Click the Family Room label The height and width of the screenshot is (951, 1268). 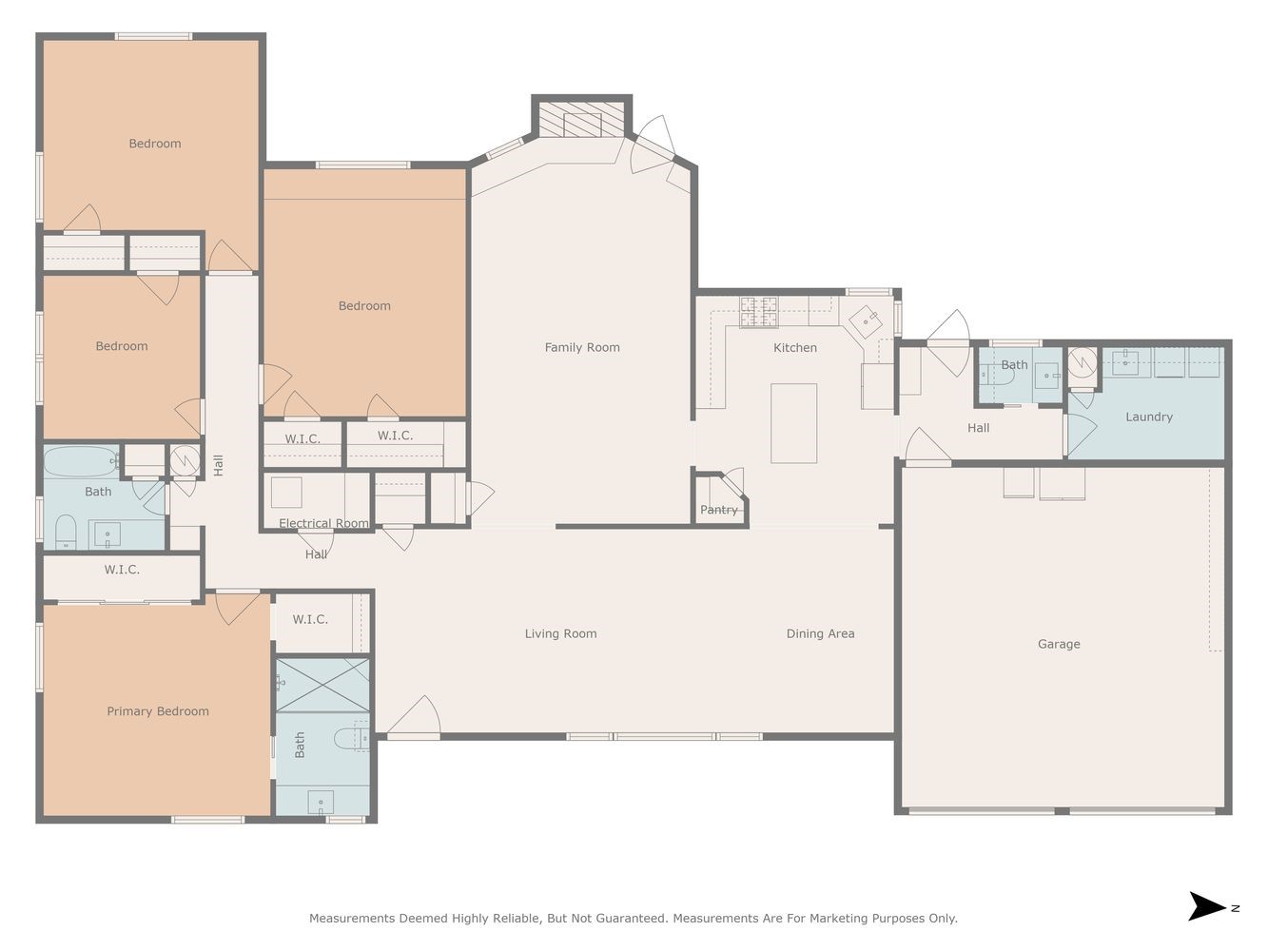click(582, 347)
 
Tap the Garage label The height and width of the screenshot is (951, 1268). click(1059, 644)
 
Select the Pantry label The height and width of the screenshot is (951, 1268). click(718, 510)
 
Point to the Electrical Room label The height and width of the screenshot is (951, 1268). click(323, 523)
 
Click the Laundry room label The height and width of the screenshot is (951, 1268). click(1148, 417)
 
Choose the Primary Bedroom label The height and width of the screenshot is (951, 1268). click(158, 711)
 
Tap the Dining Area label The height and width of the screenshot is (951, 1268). click(820, 633)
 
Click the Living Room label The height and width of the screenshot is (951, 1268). click(560, 633)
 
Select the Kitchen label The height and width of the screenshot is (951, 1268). click(795, 348)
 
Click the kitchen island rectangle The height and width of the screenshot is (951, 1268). click(793, 423)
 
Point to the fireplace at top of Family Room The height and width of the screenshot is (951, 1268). click(582, 120)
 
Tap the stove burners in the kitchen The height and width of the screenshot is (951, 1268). click(759, 312)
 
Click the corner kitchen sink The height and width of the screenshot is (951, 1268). click(866, 321)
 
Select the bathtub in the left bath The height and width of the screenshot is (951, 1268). click(82, 461)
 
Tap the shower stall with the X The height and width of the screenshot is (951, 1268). click(322, 686)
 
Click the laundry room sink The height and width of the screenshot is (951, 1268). click(1124, 362)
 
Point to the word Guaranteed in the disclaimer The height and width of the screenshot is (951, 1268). click(634, 918)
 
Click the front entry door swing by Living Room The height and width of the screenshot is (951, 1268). click(414, 716)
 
